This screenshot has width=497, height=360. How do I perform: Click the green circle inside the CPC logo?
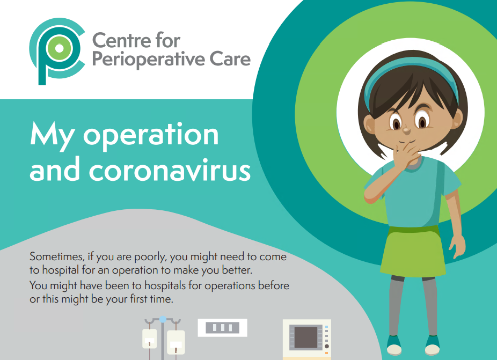coord(59,48)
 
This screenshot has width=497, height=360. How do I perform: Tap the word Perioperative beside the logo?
coord(149,60)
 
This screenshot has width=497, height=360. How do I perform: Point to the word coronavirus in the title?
coord(170,171)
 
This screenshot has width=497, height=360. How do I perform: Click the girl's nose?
coord(406,130)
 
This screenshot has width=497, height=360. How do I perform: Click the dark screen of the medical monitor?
coord(306,337)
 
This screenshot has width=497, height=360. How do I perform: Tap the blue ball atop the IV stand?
coord(163,319)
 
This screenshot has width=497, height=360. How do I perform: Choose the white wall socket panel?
coord(223,328)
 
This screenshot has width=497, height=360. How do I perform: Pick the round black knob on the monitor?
coord(326,346)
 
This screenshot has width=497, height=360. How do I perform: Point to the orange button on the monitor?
coord(326,353)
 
